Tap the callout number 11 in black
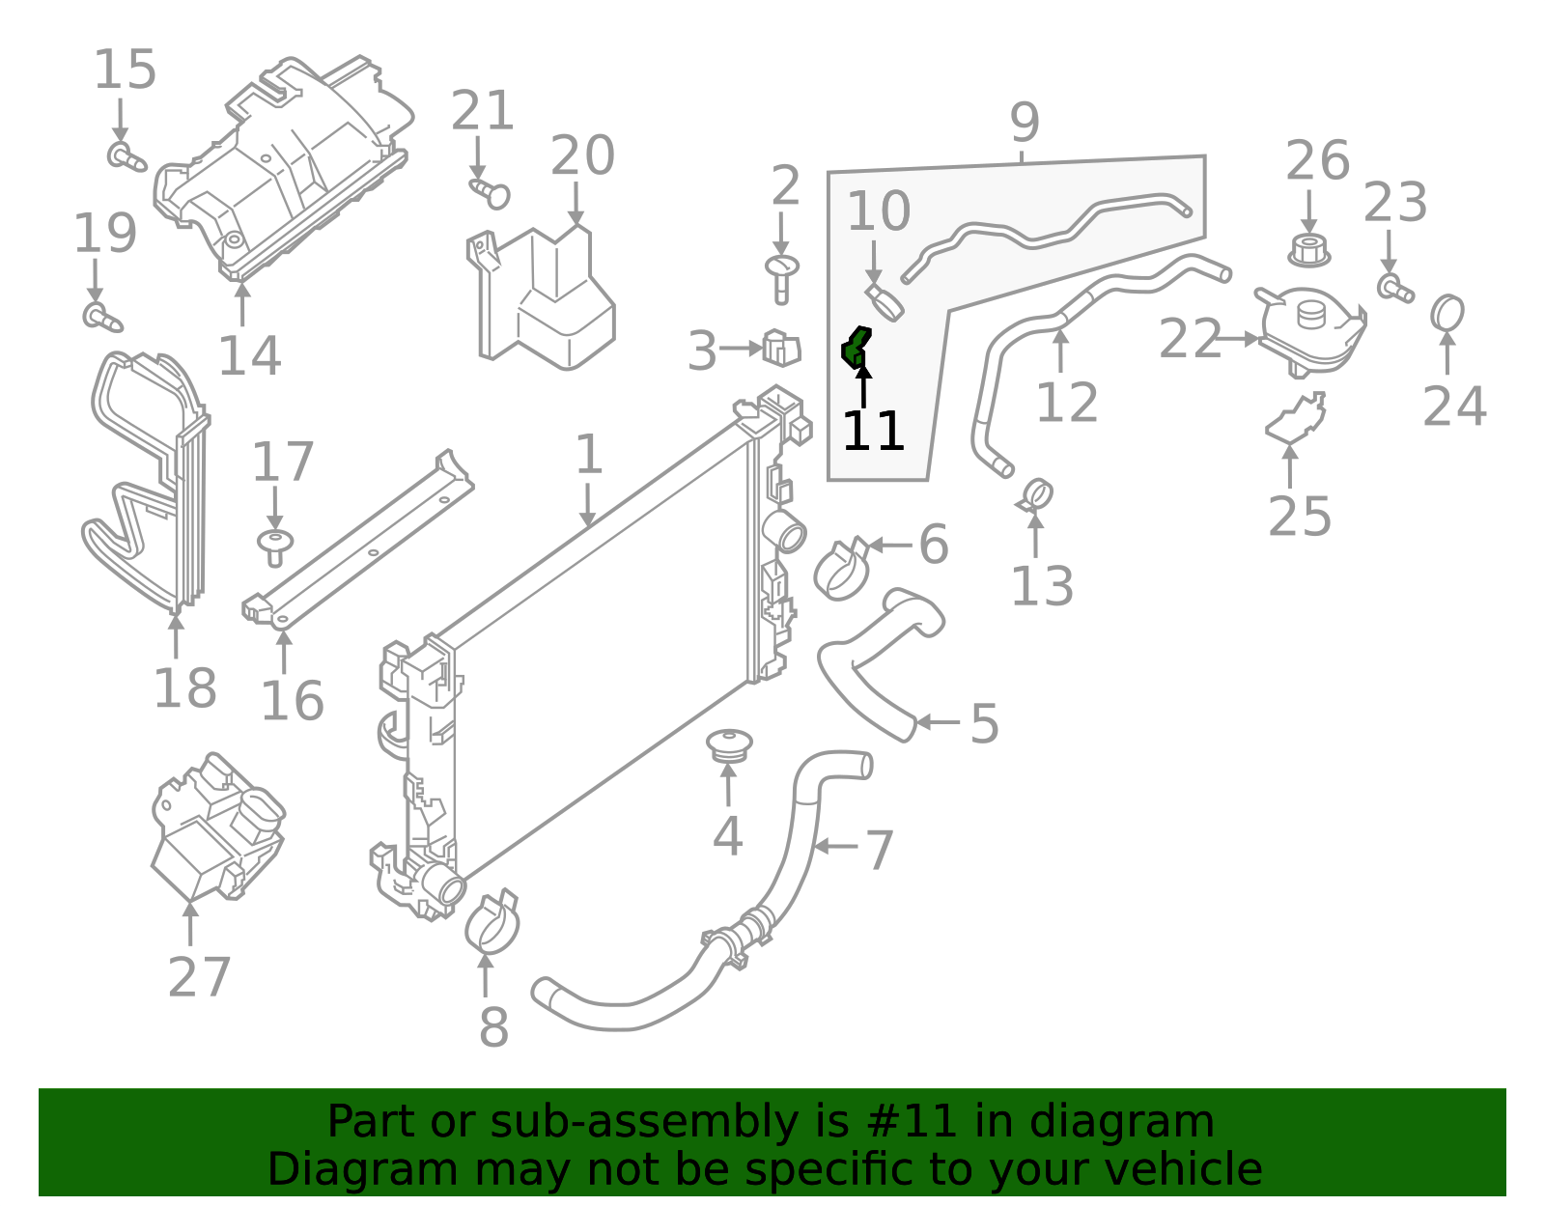pyautogui.click(x=873, y=432)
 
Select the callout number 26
pyautogui.click(x=1316, y=161)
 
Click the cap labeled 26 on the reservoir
pyautogui.click(x=1308, y=250)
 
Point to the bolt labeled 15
pyautogui.click(x=125, y=156)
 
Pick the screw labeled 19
pyautogui.click(x=100, y=316)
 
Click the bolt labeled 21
pyautogui.click(x=492, y=192)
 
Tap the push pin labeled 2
pyautogui.click(x=781, y=276)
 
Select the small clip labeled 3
pyautogui.click(x=781, y=348)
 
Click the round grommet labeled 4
pyautogui.click(x=729, y=745)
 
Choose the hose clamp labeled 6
pyautogui.click(x=842, y=570)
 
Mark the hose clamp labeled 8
pyautogui.click(x=492, y=922)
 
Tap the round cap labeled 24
pyautogui.click(x=1447, y=314)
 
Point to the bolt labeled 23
pyautogui.click(x=1393, y=288)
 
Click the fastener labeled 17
pyautogui.click(x=275, y=547)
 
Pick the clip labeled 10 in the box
pyautogui.click(x=883, y=302)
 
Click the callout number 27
pyautogui.click(x=199, y=977)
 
